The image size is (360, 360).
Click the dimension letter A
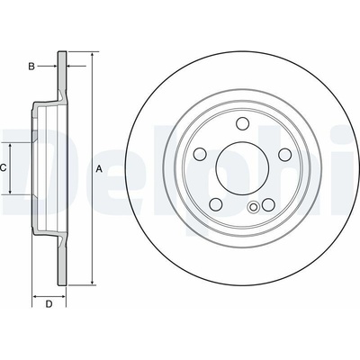[x=99, y=169]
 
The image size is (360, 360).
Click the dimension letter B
[x=31, y=67]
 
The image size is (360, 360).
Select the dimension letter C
[x=3, y=168]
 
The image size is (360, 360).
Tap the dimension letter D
[x=49, y=295]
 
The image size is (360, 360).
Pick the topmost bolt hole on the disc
[x=242, y=124]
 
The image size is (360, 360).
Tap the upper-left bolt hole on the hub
[x=201, y=154]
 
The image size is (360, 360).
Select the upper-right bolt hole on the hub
[x=284, y=154]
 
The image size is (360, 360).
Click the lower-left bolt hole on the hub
[x=216, y=204]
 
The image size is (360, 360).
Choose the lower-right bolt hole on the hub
[x=268, y=205]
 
